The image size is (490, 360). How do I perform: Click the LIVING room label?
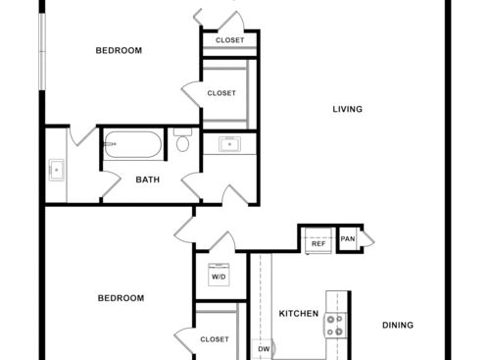tap(347, 109)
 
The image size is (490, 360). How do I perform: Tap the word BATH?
tap(147, 180)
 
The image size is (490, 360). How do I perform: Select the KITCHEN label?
tap(299, 314)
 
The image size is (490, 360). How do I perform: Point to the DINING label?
tap(397, 325)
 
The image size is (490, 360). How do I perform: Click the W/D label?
tap(217, 277)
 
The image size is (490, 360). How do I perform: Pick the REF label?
tap(318, 243)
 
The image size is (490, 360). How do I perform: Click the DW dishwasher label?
tap(264, 348)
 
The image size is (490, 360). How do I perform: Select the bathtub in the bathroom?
tap(134, 146)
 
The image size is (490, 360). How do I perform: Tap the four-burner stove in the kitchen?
tap(336, 325)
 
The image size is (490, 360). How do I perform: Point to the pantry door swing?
tap(367, 239)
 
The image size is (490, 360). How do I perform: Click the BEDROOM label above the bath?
tap(119, 50)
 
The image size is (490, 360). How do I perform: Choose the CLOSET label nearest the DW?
tap(215, 339)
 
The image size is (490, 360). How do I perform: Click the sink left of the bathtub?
tap(57, 170)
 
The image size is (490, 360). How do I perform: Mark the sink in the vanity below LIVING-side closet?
tap(230, 145)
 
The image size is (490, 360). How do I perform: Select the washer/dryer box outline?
tap(217, 276)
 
